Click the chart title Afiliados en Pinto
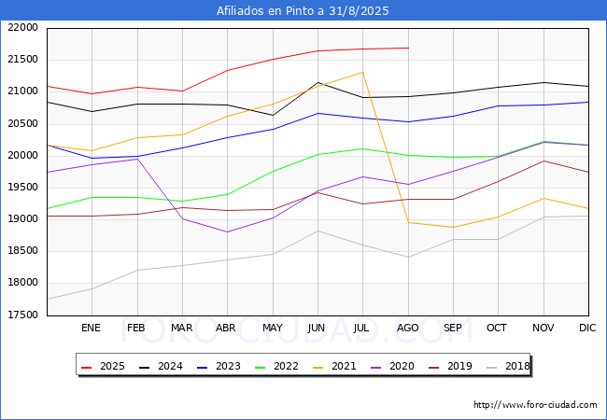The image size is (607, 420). point(268,11)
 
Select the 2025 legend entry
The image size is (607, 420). point(103,366)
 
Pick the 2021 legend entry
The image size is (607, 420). point(334,366)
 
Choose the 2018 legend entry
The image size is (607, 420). point(508,366)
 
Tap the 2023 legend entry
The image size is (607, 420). point(219,366)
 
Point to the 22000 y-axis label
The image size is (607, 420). point(22,27)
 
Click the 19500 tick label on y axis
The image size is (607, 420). point(22,188)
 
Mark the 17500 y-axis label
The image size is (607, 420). point(22,315)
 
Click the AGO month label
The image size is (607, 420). point(408,328)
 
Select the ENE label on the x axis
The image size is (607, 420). point(91,328)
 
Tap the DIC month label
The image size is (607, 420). point(587,328)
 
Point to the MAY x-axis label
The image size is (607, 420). point(273,328)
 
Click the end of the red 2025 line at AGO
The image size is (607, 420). point(408,48)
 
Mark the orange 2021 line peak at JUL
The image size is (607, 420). point(362,72)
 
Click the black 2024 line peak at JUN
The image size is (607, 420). point(318,82)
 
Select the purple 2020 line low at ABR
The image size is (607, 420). point(227,232)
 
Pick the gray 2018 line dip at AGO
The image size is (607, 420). point(408,258)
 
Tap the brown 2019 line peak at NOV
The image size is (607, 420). point(543,161)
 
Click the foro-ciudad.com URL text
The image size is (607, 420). point(535,405)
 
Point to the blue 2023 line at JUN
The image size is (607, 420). point(318,113)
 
